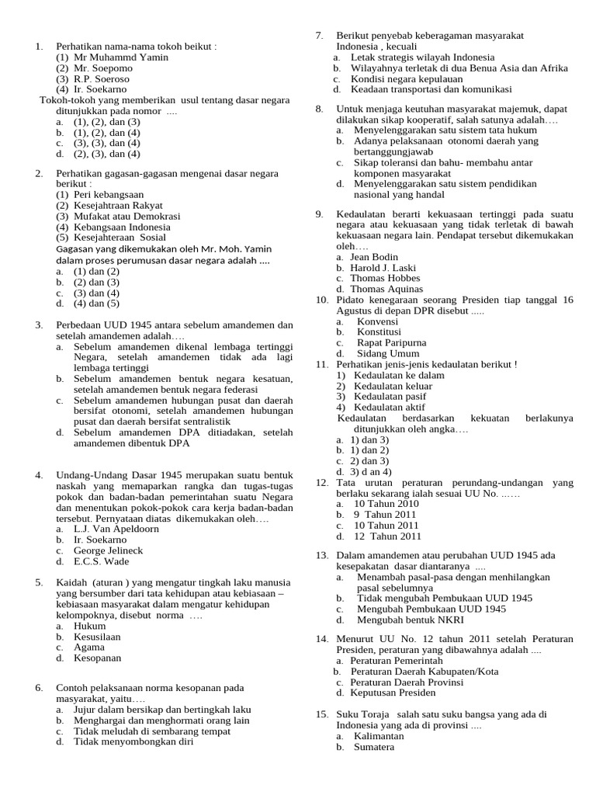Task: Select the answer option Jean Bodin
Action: [x=374, y=257]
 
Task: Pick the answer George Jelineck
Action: [x=110, y=550]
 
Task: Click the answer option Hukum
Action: [x=89, y=626]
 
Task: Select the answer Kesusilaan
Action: [x=97, y=637]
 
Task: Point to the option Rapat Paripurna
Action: [x=391, y=342]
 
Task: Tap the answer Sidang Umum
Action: [x=387, y=353]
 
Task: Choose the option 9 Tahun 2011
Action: [x=386, y=515]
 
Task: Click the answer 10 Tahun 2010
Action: [x=386, y=504]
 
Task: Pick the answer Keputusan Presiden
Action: [x=393, y=693]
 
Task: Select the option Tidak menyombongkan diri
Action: [x=133, y=741]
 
